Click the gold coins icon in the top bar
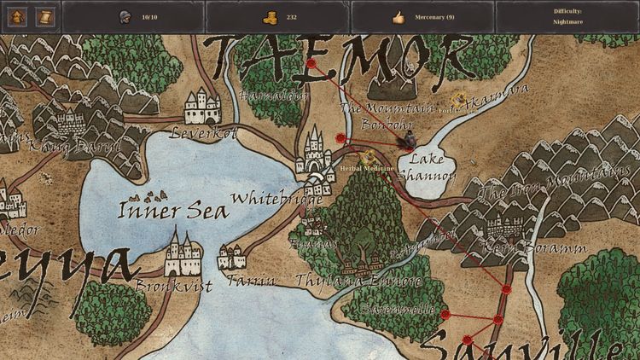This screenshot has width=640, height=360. click(270, 16)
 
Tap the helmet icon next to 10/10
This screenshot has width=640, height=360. click(126, 16)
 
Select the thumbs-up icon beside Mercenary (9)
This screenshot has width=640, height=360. click(398, 16)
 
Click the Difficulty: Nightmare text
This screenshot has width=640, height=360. click(567, 16)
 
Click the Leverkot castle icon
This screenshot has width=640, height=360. click(203, 107)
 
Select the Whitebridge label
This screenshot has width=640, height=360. click(265, 200)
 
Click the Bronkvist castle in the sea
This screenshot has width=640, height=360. click(183, 253)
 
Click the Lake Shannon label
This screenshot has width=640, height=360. click(427, 168)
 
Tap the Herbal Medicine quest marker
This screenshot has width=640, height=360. click(369, 157)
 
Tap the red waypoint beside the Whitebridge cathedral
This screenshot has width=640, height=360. click(340, 137)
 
